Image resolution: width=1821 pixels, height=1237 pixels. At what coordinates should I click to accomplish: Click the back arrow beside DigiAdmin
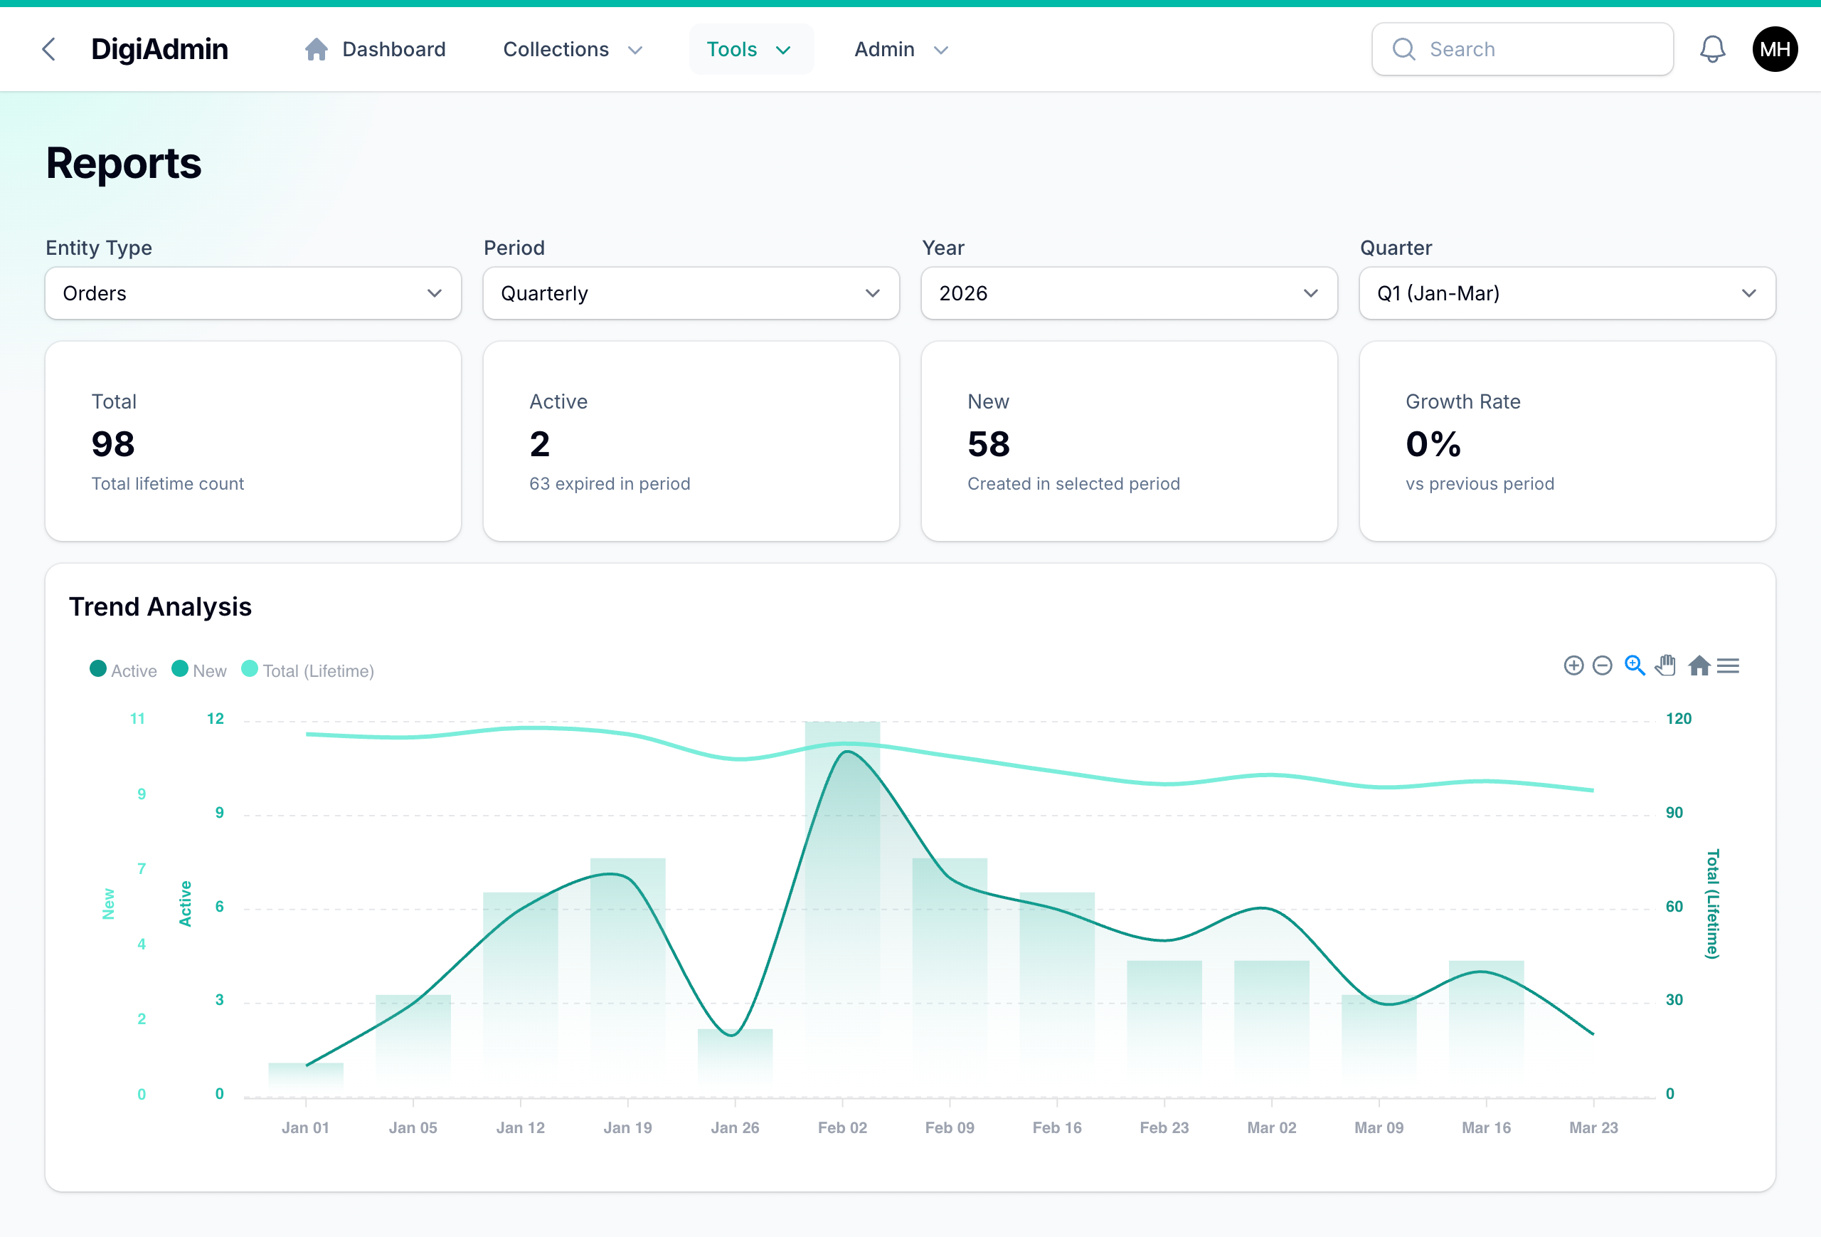click(48, 49)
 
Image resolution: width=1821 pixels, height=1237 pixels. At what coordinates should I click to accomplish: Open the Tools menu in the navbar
click(750, 49)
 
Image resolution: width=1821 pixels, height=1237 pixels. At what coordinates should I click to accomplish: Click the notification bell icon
click(1712, 49)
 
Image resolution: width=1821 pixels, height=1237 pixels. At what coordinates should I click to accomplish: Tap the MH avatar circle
click(1774, 49)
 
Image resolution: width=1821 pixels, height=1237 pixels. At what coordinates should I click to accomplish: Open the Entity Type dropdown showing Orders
click(253, 293)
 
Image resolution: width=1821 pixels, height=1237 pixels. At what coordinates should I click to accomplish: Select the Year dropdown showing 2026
click(1128, 293)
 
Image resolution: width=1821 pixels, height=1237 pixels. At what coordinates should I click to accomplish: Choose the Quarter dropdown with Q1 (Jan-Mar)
click(1566, 293)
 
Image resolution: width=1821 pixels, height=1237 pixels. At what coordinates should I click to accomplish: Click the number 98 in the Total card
click(113, 444)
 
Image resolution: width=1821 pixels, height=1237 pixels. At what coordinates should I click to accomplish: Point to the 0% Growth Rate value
click(1433, 444)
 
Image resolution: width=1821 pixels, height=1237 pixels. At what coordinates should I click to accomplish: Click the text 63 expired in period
click(610, 484)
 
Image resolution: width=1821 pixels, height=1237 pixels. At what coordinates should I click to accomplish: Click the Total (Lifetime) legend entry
click(309, 670)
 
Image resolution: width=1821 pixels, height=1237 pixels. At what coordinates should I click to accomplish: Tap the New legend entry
click(200, 670)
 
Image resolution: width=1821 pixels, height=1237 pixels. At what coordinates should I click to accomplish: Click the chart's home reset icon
click(1699, 665)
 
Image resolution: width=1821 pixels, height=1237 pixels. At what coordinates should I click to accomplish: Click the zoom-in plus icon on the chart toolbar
click(1573, 665)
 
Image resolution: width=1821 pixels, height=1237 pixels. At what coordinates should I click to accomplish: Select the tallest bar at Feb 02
click(842, 902)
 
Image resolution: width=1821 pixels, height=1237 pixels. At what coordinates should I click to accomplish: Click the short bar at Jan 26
click(735, 1058)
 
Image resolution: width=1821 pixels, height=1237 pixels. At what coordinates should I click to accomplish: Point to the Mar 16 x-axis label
click(1486, 1127)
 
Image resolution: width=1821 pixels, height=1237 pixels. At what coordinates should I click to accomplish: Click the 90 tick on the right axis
click(1674, 813)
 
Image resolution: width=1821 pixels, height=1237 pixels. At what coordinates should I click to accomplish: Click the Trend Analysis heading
click(160, 606)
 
